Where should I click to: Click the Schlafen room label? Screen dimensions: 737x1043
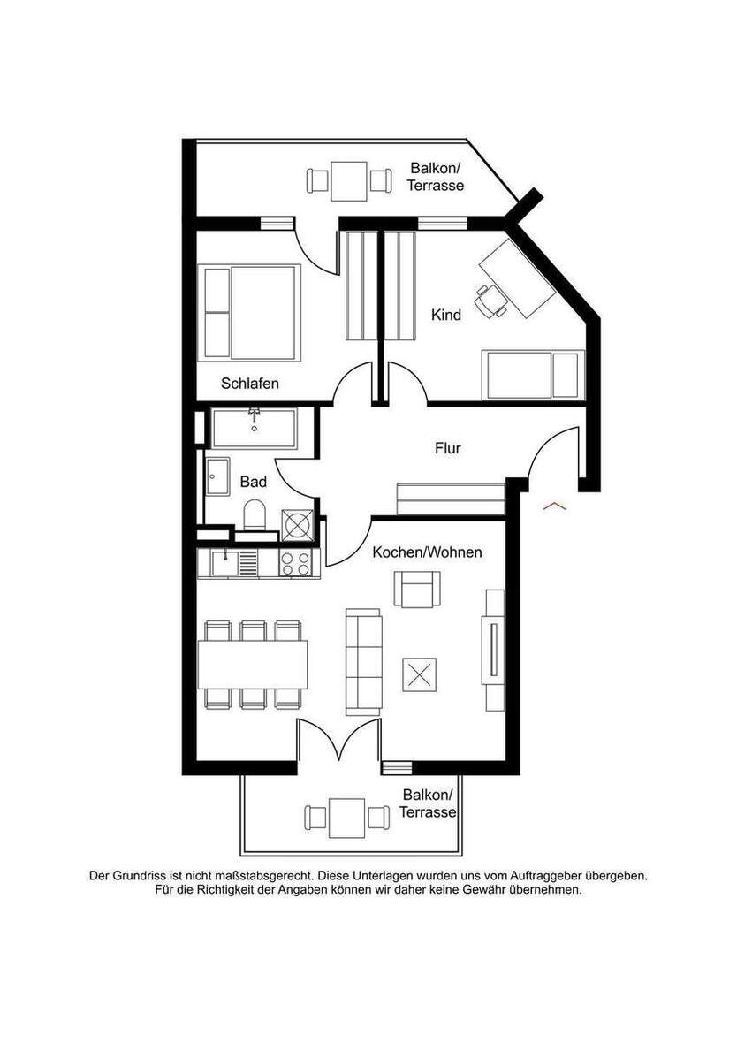click(x=249, y=383)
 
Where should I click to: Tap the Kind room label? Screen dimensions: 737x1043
click(x=445, y=315)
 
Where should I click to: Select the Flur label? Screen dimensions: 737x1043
click(x=448, y=448)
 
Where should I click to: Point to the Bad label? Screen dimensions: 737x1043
click(x=253, y=482)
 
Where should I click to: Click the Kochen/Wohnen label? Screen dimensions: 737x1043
click(x=427, y=552)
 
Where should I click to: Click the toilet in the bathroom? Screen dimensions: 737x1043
click(x=255, y=517)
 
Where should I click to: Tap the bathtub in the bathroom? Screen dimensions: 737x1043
click(x=255, y=429)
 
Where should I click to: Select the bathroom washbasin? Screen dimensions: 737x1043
click(x=217, y=476)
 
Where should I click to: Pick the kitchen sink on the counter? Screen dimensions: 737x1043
click(x=225, y=564)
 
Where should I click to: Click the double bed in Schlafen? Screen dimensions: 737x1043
click(x=249, y=313)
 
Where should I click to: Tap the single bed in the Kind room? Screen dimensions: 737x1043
click(x=533, y=375)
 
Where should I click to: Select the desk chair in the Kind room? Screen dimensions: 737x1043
click(x=490, y=300)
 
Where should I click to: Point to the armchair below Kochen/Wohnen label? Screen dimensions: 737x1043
click(x=417, y=590)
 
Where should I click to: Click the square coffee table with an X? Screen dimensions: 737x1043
click(x=419, y=675)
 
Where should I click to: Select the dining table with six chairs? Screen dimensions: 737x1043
click(x=253, y=665)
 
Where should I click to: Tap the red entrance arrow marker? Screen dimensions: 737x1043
click(x=554, y=506)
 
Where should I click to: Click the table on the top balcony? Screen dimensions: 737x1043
click(x=349, y=181)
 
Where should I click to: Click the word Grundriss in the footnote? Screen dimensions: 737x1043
click(x=141, y=876)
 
